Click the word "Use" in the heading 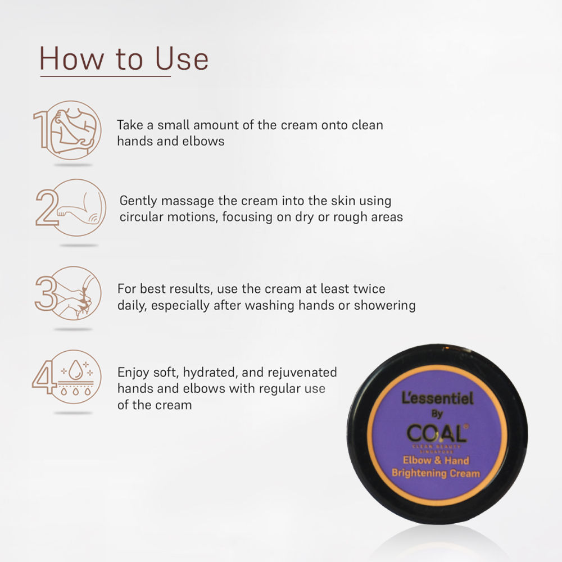coord(182,58)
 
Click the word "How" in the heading coord(71,58)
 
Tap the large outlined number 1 coord(42,129)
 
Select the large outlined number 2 coord(47,207)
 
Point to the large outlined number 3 coord(47,293)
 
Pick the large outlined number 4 coord(44,377)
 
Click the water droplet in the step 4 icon coord(75,370)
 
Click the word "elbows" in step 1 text coord(203,141)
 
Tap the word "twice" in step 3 coord(369,289)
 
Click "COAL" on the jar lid coord(437,433)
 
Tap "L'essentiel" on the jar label coord(438,398)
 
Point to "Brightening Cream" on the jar coord(436,473)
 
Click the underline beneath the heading coord(106,76)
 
